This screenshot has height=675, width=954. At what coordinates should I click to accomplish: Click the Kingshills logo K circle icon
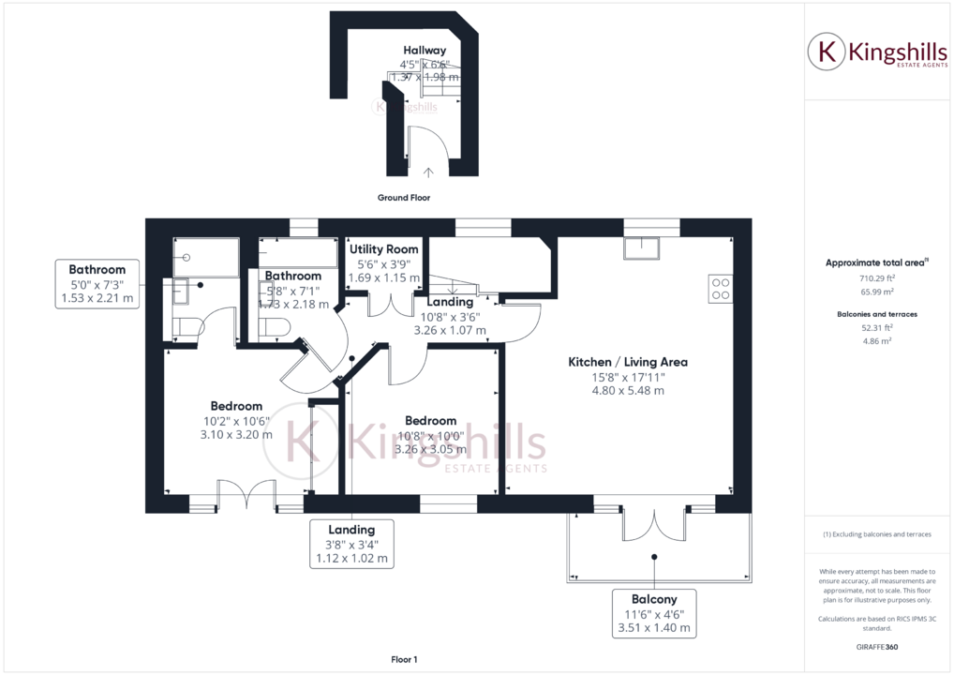coord(827,51)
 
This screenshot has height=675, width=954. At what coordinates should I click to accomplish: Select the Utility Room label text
coord(383,249)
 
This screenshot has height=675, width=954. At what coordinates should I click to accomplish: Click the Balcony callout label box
coord(653,613)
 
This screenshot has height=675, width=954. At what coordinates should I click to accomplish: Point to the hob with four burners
coord(721,288)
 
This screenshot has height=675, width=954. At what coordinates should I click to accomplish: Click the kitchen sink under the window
coord(645,246)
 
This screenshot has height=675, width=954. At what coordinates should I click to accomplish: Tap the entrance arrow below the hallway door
coord(429,172)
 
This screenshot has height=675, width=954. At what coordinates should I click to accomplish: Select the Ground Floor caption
coord(403,198)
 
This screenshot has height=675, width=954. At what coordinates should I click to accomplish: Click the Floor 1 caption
coord(404,660)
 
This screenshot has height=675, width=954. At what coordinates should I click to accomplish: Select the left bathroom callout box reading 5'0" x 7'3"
coord(97,284)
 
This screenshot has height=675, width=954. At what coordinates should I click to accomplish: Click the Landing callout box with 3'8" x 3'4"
coord(351,544)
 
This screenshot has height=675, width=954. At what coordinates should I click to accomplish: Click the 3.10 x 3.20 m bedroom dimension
coord(235,434)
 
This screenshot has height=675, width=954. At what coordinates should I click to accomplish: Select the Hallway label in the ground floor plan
coord(425,50)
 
